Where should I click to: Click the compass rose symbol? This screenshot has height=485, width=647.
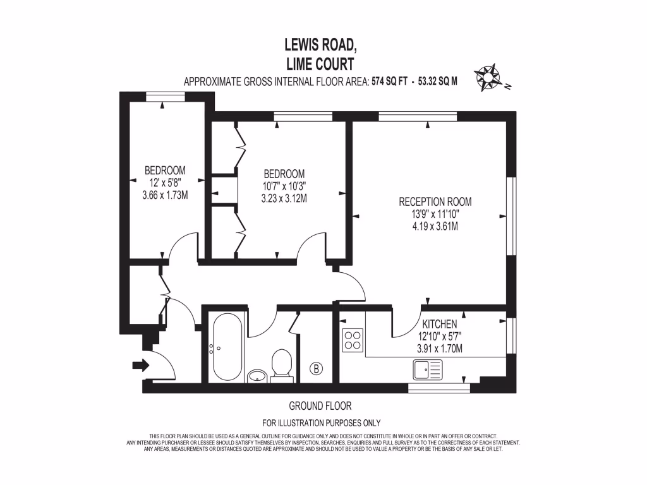490,78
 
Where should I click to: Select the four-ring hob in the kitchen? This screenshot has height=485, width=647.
352,340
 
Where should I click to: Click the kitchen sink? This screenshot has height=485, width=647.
428,369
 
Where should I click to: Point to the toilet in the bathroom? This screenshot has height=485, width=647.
281,365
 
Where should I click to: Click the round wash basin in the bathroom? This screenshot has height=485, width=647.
257,376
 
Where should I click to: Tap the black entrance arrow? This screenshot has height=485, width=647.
140,364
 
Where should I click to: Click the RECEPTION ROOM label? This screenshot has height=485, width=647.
435,202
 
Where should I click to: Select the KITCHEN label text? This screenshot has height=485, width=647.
440,324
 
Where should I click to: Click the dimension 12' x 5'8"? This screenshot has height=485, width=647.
165,183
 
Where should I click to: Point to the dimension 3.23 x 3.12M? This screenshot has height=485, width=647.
284,198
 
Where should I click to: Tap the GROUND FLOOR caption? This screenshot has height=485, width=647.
320,406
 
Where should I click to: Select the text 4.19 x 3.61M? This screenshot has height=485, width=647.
435,225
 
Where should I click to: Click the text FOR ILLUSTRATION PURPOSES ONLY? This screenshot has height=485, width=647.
321,423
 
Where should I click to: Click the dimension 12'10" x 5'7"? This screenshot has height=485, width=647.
440,336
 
